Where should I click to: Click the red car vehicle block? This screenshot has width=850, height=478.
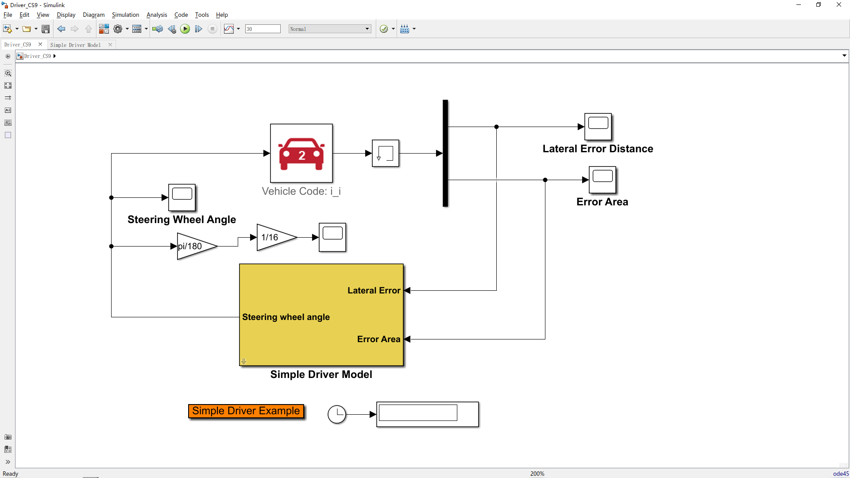[x=301, y=153]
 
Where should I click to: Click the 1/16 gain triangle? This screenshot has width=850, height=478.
[x=273, y=238]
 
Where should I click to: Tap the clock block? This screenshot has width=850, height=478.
[x=336, y=414]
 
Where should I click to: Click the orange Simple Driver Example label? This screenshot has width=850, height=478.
[x=246, y=411]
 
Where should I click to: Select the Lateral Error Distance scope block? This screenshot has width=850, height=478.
[x=598, y=127]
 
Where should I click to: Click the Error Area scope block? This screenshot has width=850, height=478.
[x=602, y=180]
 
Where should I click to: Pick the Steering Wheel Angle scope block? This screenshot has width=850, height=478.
[x=182, y=197]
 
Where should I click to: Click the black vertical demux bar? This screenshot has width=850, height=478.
[x=445, y=153]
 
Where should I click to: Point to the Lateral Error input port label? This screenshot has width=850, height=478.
[x=374, y=291]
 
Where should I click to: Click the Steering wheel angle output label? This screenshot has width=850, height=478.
[x=286, y=317]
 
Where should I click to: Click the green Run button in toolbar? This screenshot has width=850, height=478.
[x=185, y=29]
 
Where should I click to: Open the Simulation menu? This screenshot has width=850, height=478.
[x=125, y=15]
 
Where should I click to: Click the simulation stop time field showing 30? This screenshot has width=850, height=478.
[x=263, y=29]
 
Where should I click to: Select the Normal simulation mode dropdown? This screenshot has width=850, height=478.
[x=329, y=29]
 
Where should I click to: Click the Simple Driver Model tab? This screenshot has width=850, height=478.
[x=76, y=45]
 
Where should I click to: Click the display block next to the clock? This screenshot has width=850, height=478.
[x=427, y=414]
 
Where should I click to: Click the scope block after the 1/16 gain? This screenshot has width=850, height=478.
[x=332, y=237]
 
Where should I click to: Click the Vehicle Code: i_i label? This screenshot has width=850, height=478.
[x=301, y=191]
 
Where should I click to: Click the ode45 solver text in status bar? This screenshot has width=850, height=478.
[x=840, y=474]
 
